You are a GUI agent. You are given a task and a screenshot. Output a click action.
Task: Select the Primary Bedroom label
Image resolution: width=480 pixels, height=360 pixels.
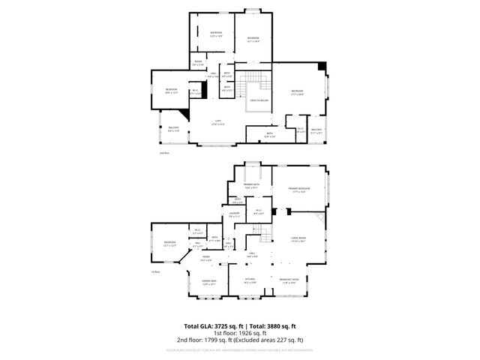(299, 188)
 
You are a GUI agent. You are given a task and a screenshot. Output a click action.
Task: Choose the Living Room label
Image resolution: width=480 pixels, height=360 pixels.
(298, 240)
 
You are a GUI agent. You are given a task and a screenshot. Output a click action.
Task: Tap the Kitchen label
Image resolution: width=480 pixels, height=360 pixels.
(250, 281)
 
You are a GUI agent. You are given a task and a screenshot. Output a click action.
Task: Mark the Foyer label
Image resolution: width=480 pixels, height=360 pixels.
(205, 258)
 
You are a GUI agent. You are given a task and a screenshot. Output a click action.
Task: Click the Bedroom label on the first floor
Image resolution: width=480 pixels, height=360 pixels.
(169, 242)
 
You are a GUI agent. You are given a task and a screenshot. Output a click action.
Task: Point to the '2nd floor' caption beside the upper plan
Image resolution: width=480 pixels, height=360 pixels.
(164, 153)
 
